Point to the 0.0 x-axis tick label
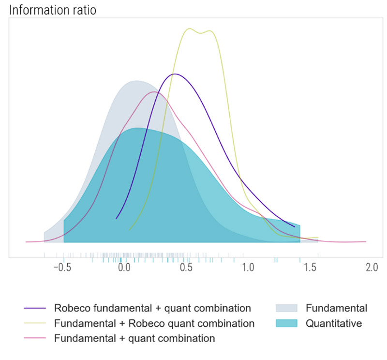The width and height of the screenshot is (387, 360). tap(124, 268)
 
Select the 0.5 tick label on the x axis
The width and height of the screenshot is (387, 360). tap(186, 268)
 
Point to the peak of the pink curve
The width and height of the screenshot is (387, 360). tap(154, 91)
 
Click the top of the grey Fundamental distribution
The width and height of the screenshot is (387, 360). tap(136, 81)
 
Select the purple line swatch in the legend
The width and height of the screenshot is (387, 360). tap(34, 308)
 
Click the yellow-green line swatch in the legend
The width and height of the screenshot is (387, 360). tap(34, 323)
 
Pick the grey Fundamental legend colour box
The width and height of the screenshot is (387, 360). tap(286, 308)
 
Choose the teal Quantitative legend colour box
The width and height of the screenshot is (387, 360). tap(286, 323)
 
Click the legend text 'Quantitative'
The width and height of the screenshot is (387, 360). tap(333, 323)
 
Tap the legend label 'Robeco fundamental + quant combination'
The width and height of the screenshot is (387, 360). tap(152, 308)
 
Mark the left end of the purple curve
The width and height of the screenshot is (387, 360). tap(116, 219)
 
